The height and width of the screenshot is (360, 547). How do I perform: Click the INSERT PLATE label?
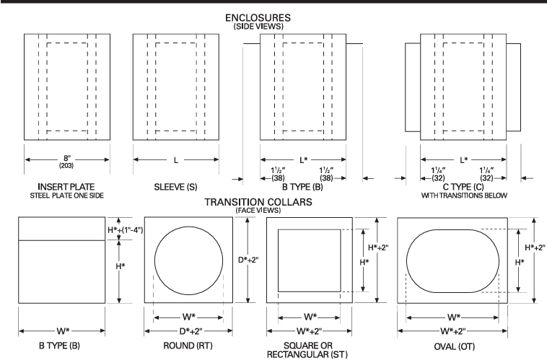(66, 187)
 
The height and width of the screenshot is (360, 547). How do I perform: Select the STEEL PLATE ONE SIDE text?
(66, 195)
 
